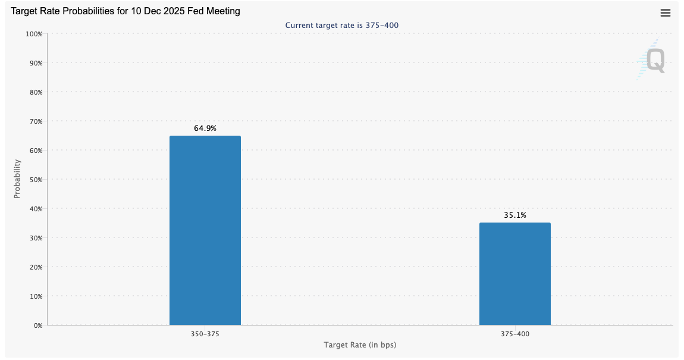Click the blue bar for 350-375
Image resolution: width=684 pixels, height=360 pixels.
point(205,230)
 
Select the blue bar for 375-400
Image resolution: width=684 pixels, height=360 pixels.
point(514,274)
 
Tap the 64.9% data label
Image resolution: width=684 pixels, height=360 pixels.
point(205,128)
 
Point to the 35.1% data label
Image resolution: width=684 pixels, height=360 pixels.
point(515,215)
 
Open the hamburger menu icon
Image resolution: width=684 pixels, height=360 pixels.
point(666,13)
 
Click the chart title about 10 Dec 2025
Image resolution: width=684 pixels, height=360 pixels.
point(125,11)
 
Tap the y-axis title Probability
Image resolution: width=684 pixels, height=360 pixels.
point(17,179)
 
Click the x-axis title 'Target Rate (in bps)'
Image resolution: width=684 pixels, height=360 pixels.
point(360,345)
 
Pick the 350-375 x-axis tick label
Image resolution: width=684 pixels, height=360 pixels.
point(205,334)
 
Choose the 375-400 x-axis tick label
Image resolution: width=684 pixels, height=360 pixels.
point(515,334)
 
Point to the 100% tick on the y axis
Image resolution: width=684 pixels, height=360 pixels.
point(34,34)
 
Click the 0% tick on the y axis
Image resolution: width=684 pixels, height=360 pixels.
point(37,325)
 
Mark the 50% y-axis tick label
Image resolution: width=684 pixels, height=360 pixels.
point(36,180)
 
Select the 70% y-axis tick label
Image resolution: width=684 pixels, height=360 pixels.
point(36,121)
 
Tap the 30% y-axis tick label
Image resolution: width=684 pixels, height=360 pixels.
point(36,238)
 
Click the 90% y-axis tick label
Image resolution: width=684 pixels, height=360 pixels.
point(36,63)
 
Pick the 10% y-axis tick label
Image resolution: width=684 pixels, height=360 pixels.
point(36,296)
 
